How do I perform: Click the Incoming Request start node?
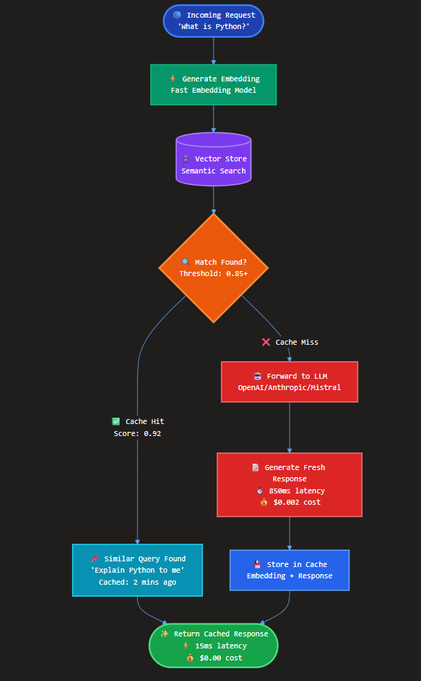[x=213, y=21]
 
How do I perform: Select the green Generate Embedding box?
[x=213, y=84]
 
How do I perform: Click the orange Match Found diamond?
[x=213, y=268]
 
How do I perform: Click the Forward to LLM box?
[x=289, y=382]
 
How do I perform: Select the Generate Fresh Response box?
[x=289, y=484]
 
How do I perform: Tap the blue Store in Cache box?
[x=289, y=570]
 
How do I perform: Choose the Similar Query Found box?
[x=137, y=570]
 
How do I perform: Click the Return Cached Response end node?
[x=213, y=646]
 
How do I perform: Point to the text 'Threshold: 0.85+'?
[x=213, y=273]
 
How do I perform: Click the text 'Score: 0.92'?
[x=137, y=433]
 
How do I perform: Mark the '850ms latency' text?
[x=296, y=491]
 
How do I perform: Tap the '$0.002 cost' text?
[x=296, y=502]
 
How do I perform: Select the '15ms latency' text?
[x=221, y=646]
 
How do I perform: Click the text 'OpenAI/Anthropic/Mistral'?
[x=289, y=387]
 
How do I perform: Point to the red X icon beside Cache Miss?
[x=266, y=342]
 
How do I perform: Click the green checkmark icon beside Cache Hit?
[x=116, y=421]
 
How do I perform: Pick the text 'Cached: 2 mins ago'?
[x=137, y=582]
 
